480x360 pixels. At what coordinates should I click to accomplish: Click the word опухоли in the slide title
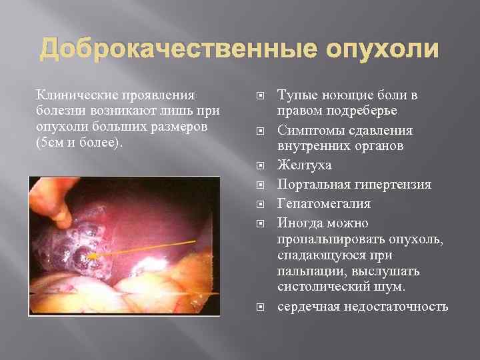point(382,50)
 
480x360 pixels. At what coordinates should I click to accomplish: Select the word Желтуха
point(304,165)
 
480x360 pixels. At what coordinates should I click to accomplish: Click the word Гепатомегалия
point(323,203)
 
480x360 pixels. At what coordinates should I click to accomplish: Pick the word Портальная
point(309,184)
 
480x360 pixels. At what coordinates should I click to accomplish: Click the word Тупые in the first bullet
point(294,94)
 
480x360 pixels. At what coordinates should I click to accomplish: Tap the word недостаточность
point(395,307)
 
